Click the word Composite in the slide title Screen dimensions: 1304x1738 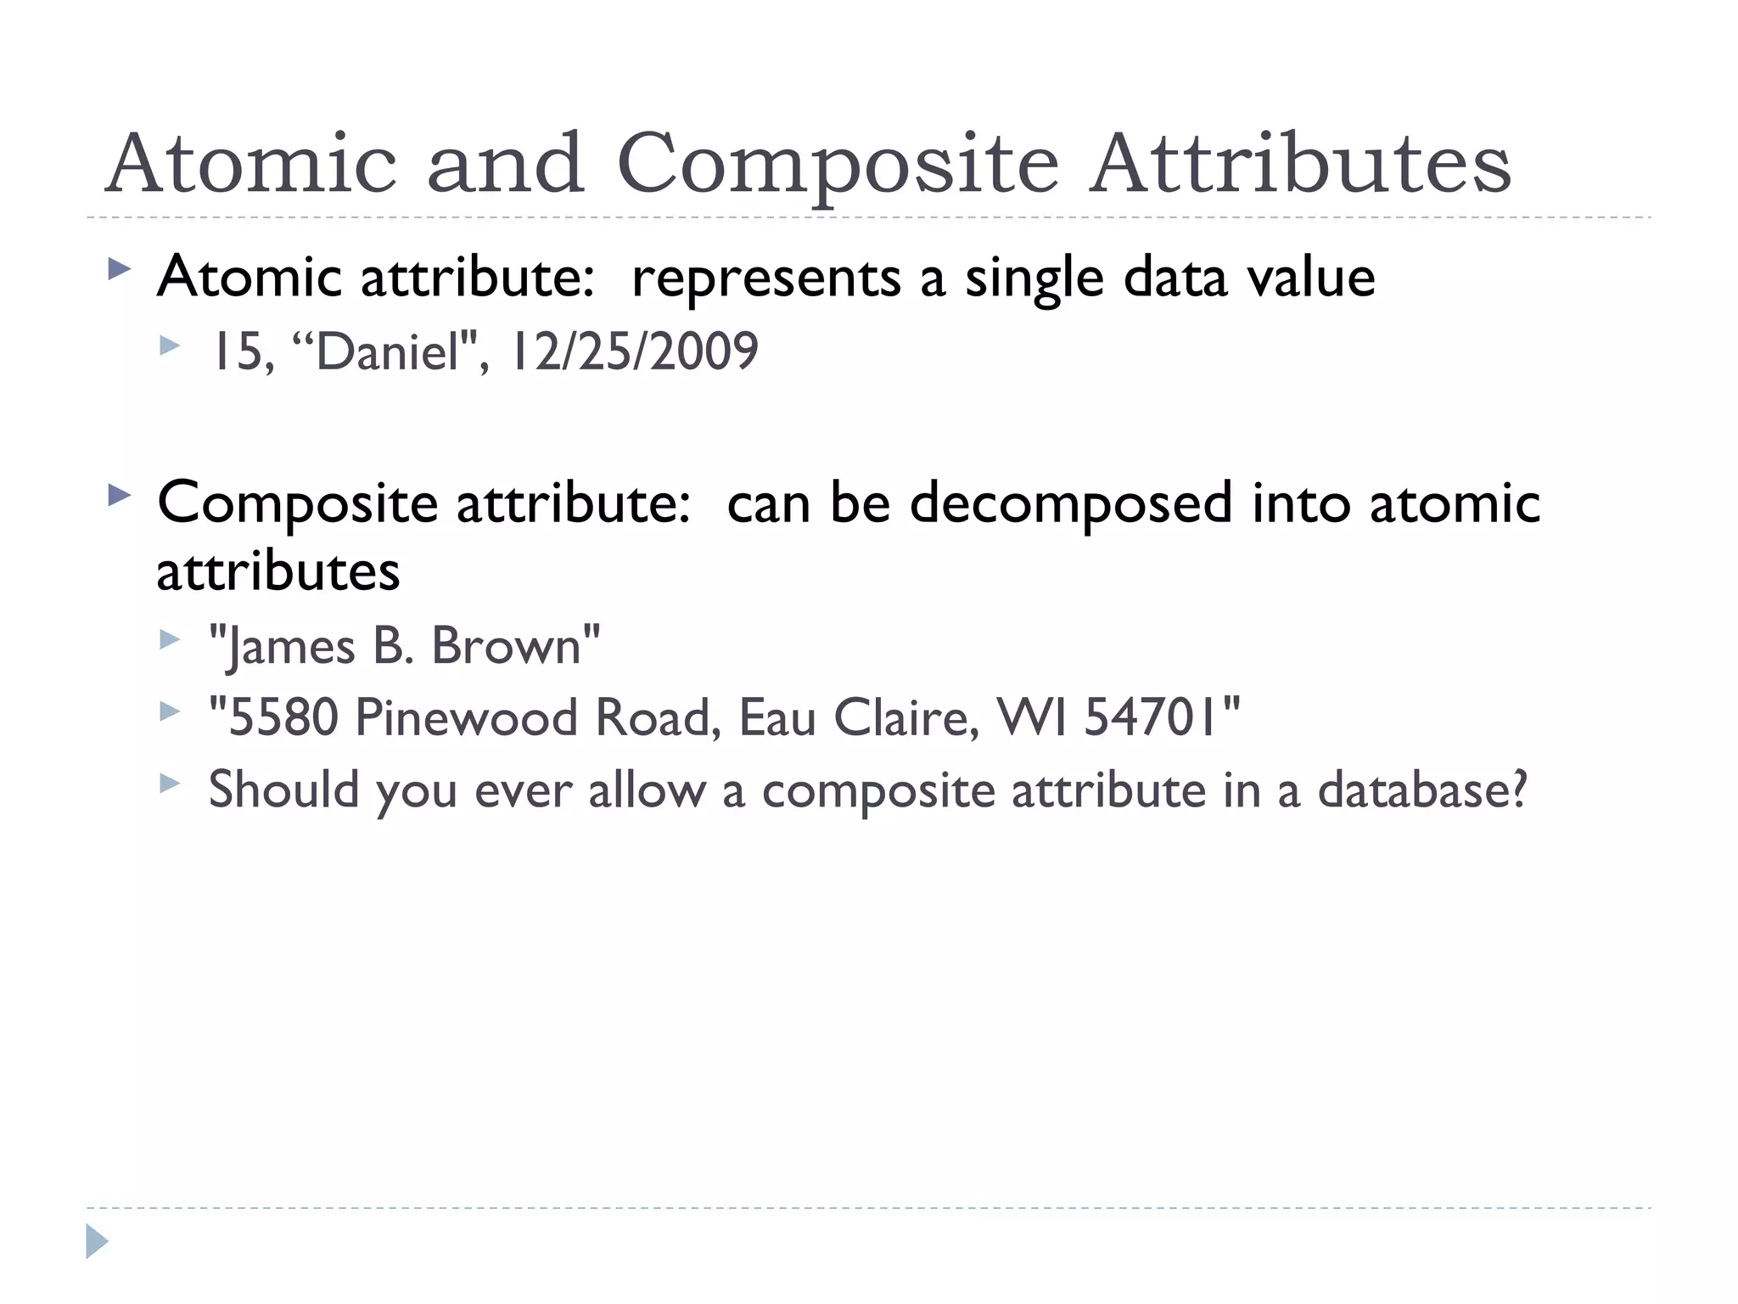click(838, 165)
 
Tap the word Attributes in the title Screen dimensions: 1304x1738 click(1300, 163)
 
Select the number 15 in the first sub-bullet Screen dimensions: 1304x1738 click(241, 351)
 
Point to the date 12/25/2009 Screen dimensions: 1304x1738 click(633, 351)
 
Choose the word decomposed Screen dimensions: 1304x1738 click(1070, 503)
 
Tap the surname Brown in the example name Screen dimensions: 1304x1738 click(507, 646)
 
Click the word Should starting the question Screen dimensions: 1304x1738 click(284, 790)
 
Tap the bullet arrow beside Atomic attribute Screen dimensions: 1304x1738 click(121, 271)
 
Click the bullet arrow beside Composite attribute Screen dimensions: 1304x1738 click(121, 495)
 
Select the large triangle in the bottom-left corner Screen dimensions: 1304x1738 click(97, 1241)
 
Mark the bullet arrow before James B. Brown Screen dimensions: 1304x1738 click(171, 639)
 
